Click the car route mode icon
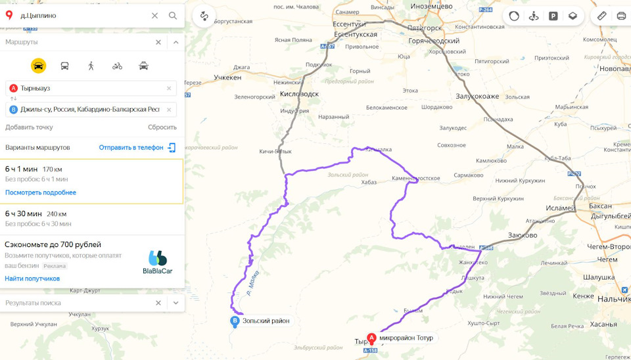[39, 66]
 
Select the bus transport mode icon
[64, 66]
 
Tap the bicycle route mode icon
[117, 66]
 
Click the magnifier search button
[173, 15]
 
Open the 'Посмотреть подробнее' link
[41, 192]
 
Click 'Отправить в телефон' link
[131, 148]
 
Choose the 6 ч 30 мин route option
[24, 214]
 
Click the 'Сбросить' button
[162, 127]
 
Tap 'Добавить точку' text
[29, 127]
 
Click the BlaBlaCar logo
[158, 262]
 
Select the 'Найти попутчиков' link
[32, 279]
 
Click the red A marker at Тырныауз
[371, 338]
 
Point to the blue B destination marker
[235, 321]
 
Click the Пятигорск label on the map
[425, 28]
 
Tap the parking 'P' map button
[553, 16]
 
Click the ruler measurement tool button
[602, 16]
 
